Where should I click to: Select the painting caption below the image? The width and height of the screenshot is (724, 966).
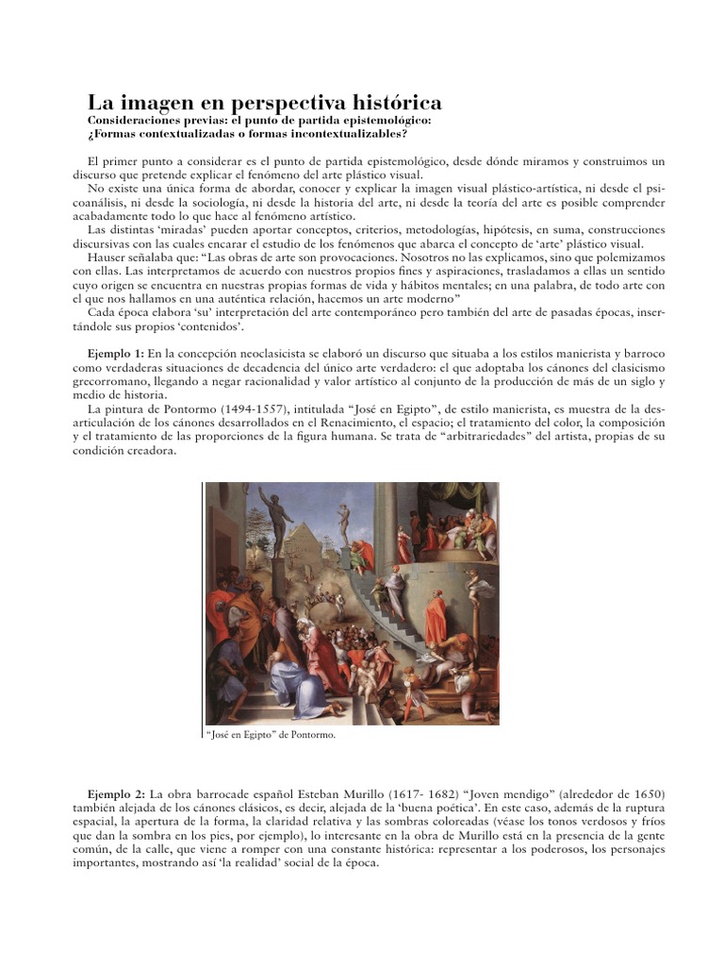271,734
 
